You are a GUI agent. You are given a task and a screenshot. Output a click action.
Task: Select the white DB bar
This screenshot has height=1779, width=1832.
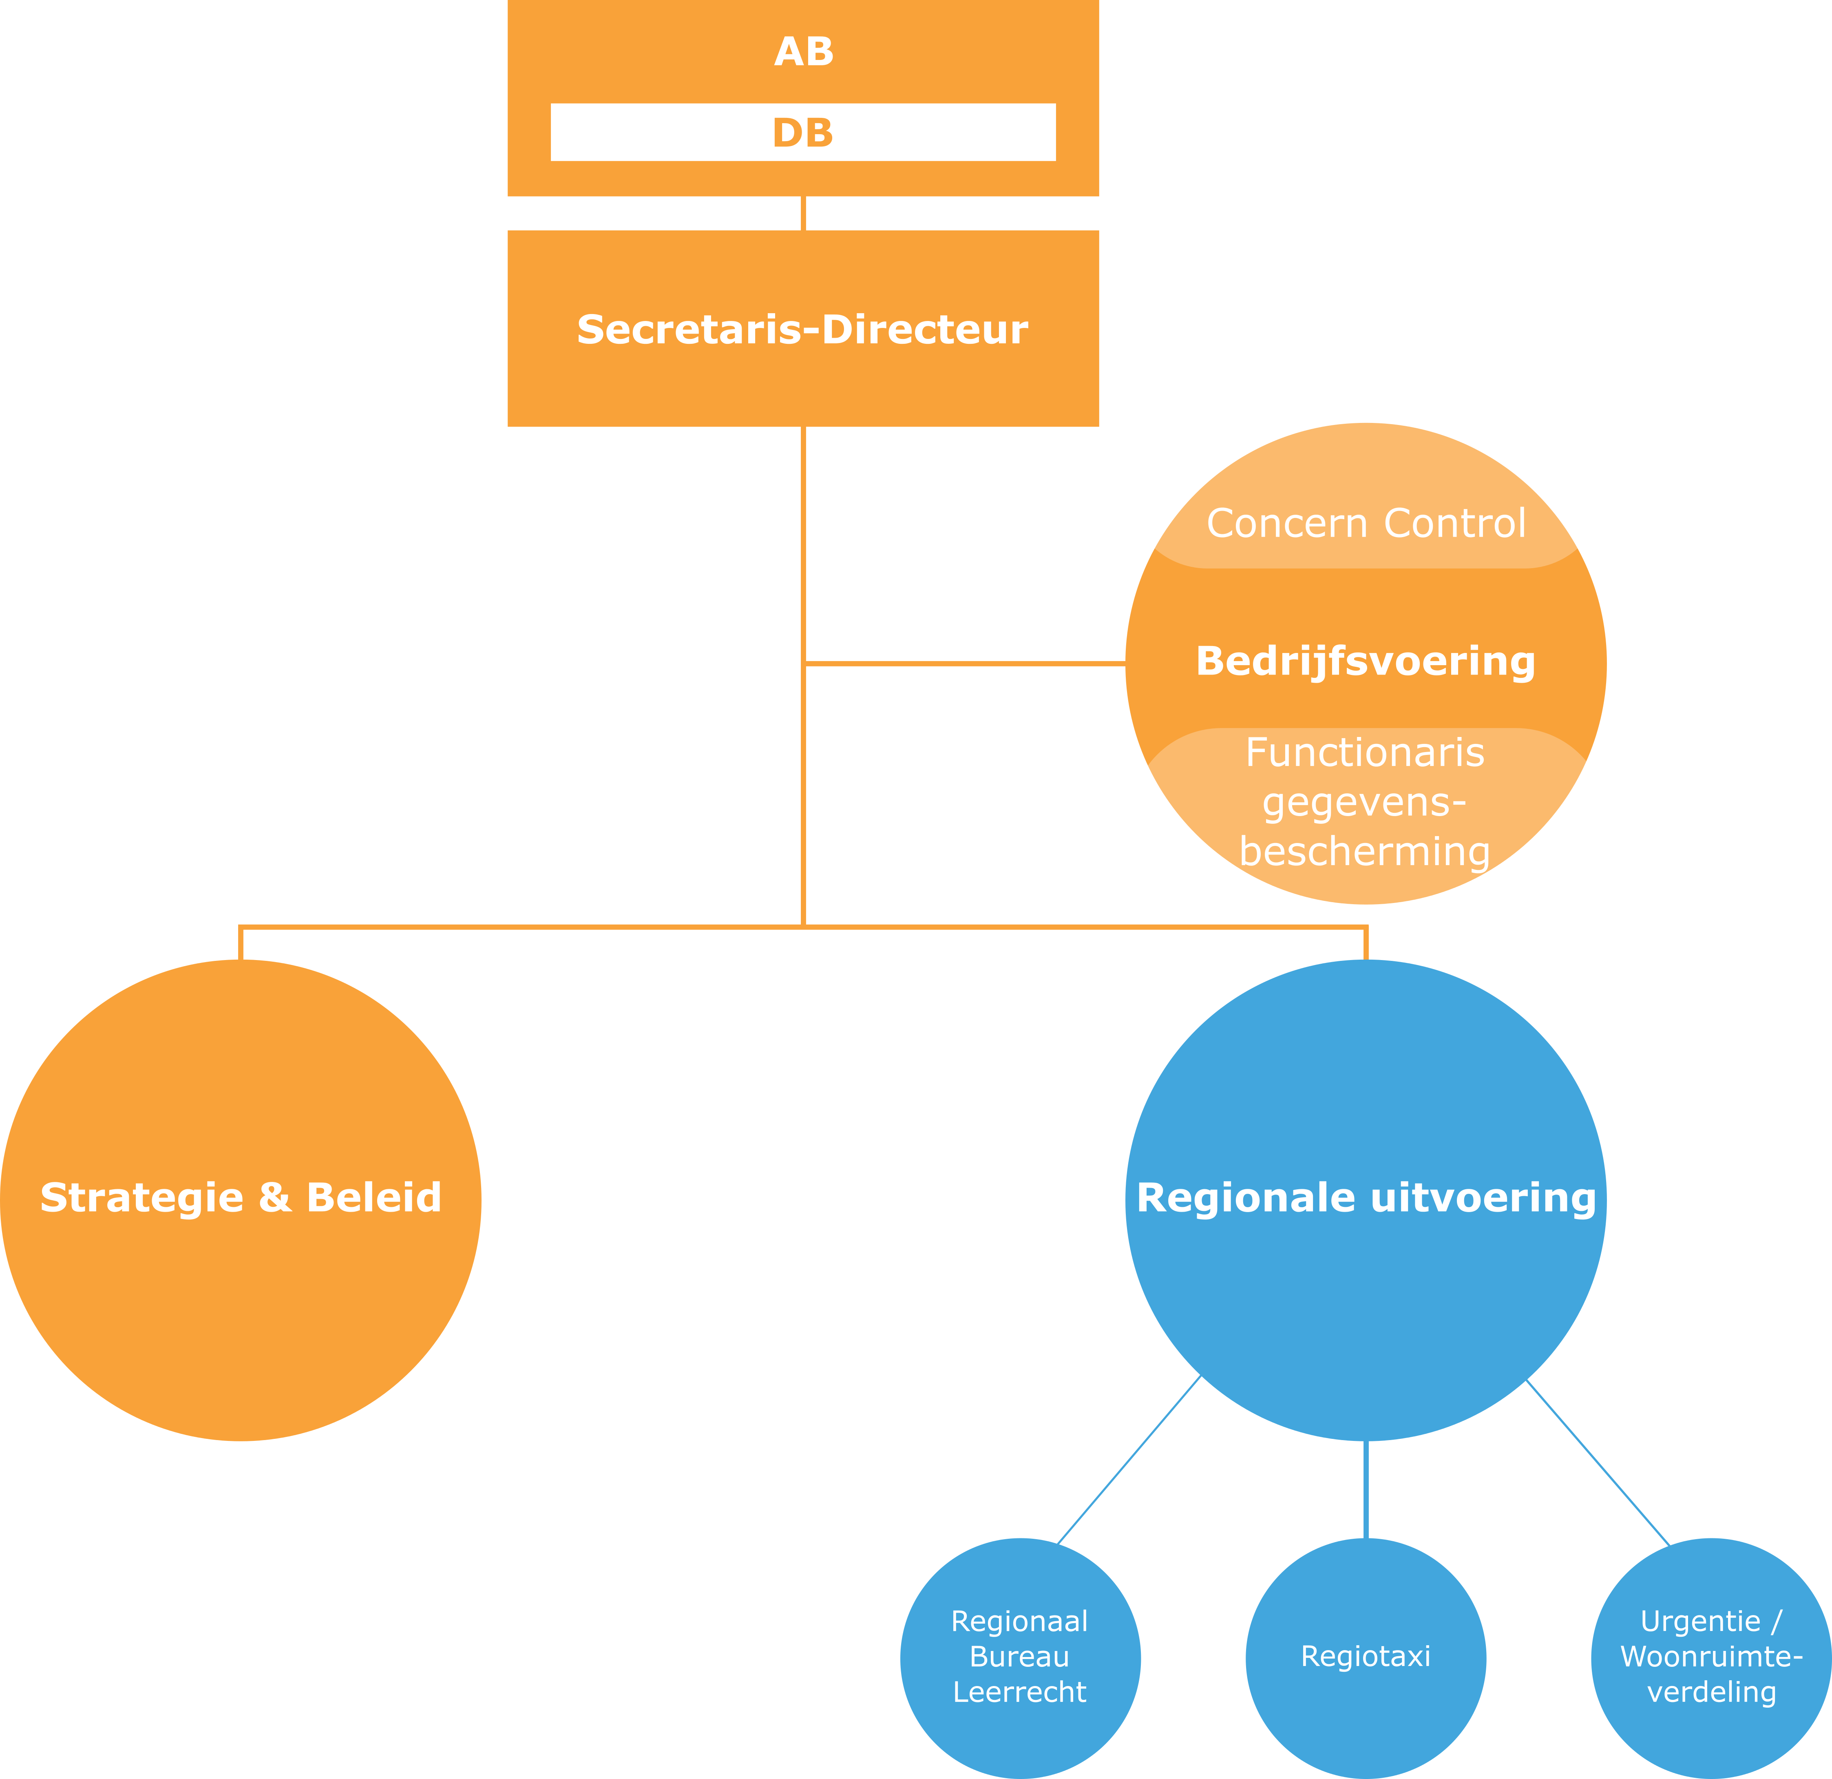803,133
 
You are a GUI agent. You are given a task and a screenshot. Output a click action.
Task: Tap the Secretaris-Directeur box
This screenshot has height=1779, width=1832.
803,329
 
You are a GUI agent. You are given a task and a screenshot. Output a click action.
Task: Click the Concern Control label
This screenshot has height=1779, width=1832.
1366,524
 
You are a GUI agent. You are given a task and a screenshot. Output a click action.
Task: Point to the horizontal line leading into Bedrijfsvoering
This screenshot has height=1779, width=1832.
963,664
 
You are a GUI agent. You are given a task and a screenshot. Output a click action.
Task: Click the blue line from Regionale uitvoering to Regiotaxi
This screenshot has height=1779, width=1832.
1366,1488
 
